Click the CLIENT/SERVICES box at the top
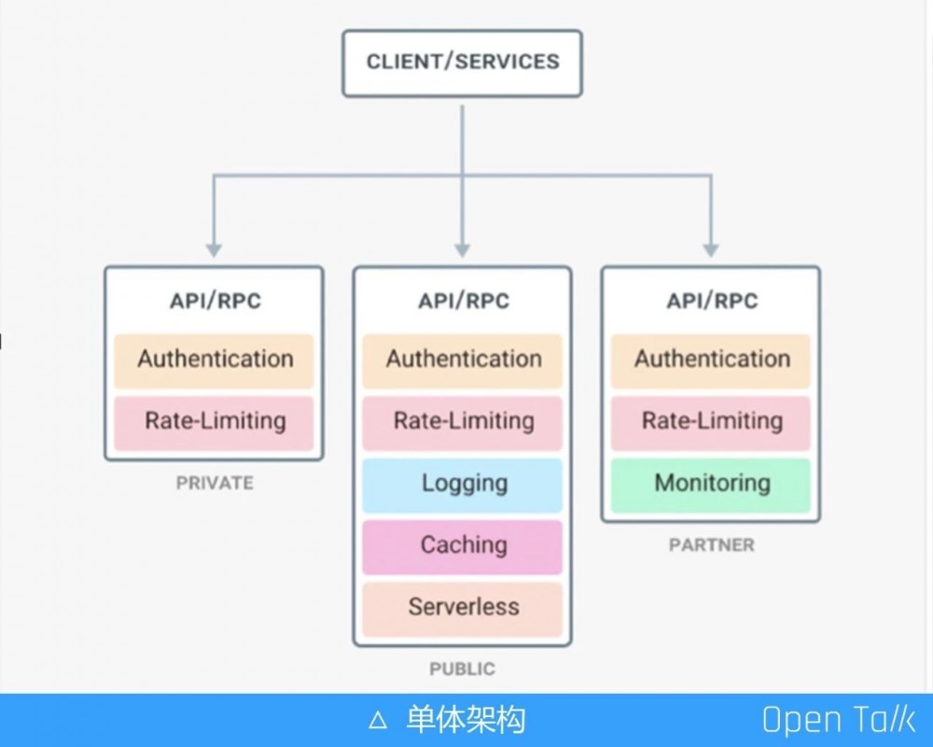pos(462,63)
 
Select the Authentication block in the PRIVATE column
pos(214,359)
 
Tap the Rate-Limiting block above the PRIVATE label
pos(214,421)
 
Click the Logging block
pos(463,484)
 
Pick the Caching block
pos(463,545)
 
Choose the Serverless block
pos(463,608)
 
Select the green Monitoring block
pos(711,484)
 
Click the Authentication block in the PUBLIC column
pos(463,359)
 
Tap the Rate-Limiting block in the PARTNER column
pos(711,421)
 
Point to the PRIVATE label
pos(215,483)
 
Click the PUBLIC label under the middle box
pos(463,669)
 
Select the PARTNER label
pos(711,544)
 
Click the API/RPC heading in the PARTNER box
pos(711,301)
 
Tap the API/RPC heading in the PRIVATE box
pos(215,301)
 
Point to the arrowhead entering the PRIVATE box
pos(214,250)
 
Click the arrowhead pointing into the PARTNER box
pos(711,250)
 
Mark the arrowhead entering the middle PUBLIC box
pos(463,250)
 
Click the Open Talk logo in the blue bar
pos(838,720)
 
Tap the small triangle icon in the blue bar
pos(377,720)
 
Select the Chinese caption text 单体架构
pos(466,720)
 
